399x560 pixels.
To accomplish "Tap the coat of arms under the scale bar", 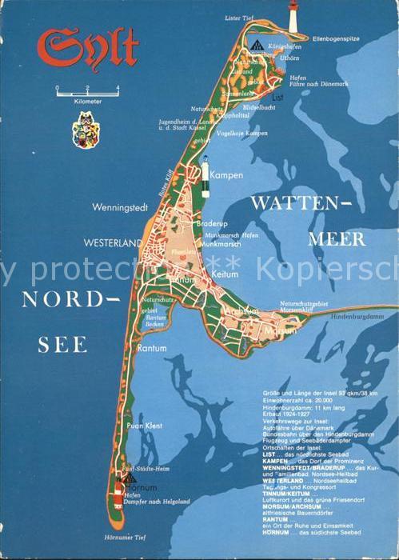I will [x=82, y=128].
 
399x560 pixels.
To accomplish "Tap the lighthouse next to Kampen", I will [x=205, y=171].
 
